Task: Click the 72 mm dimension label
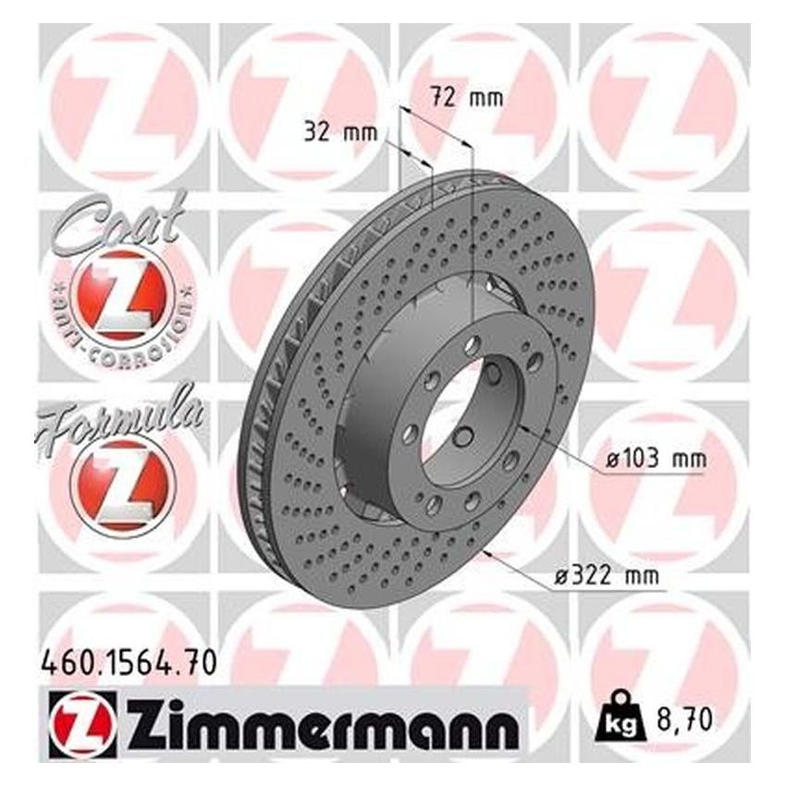468,96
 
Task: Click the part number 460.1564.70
129,661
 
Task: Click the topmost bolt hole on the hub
473,346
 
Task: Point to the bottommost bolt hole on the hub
432,503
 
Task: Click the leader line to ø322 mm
518,564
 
